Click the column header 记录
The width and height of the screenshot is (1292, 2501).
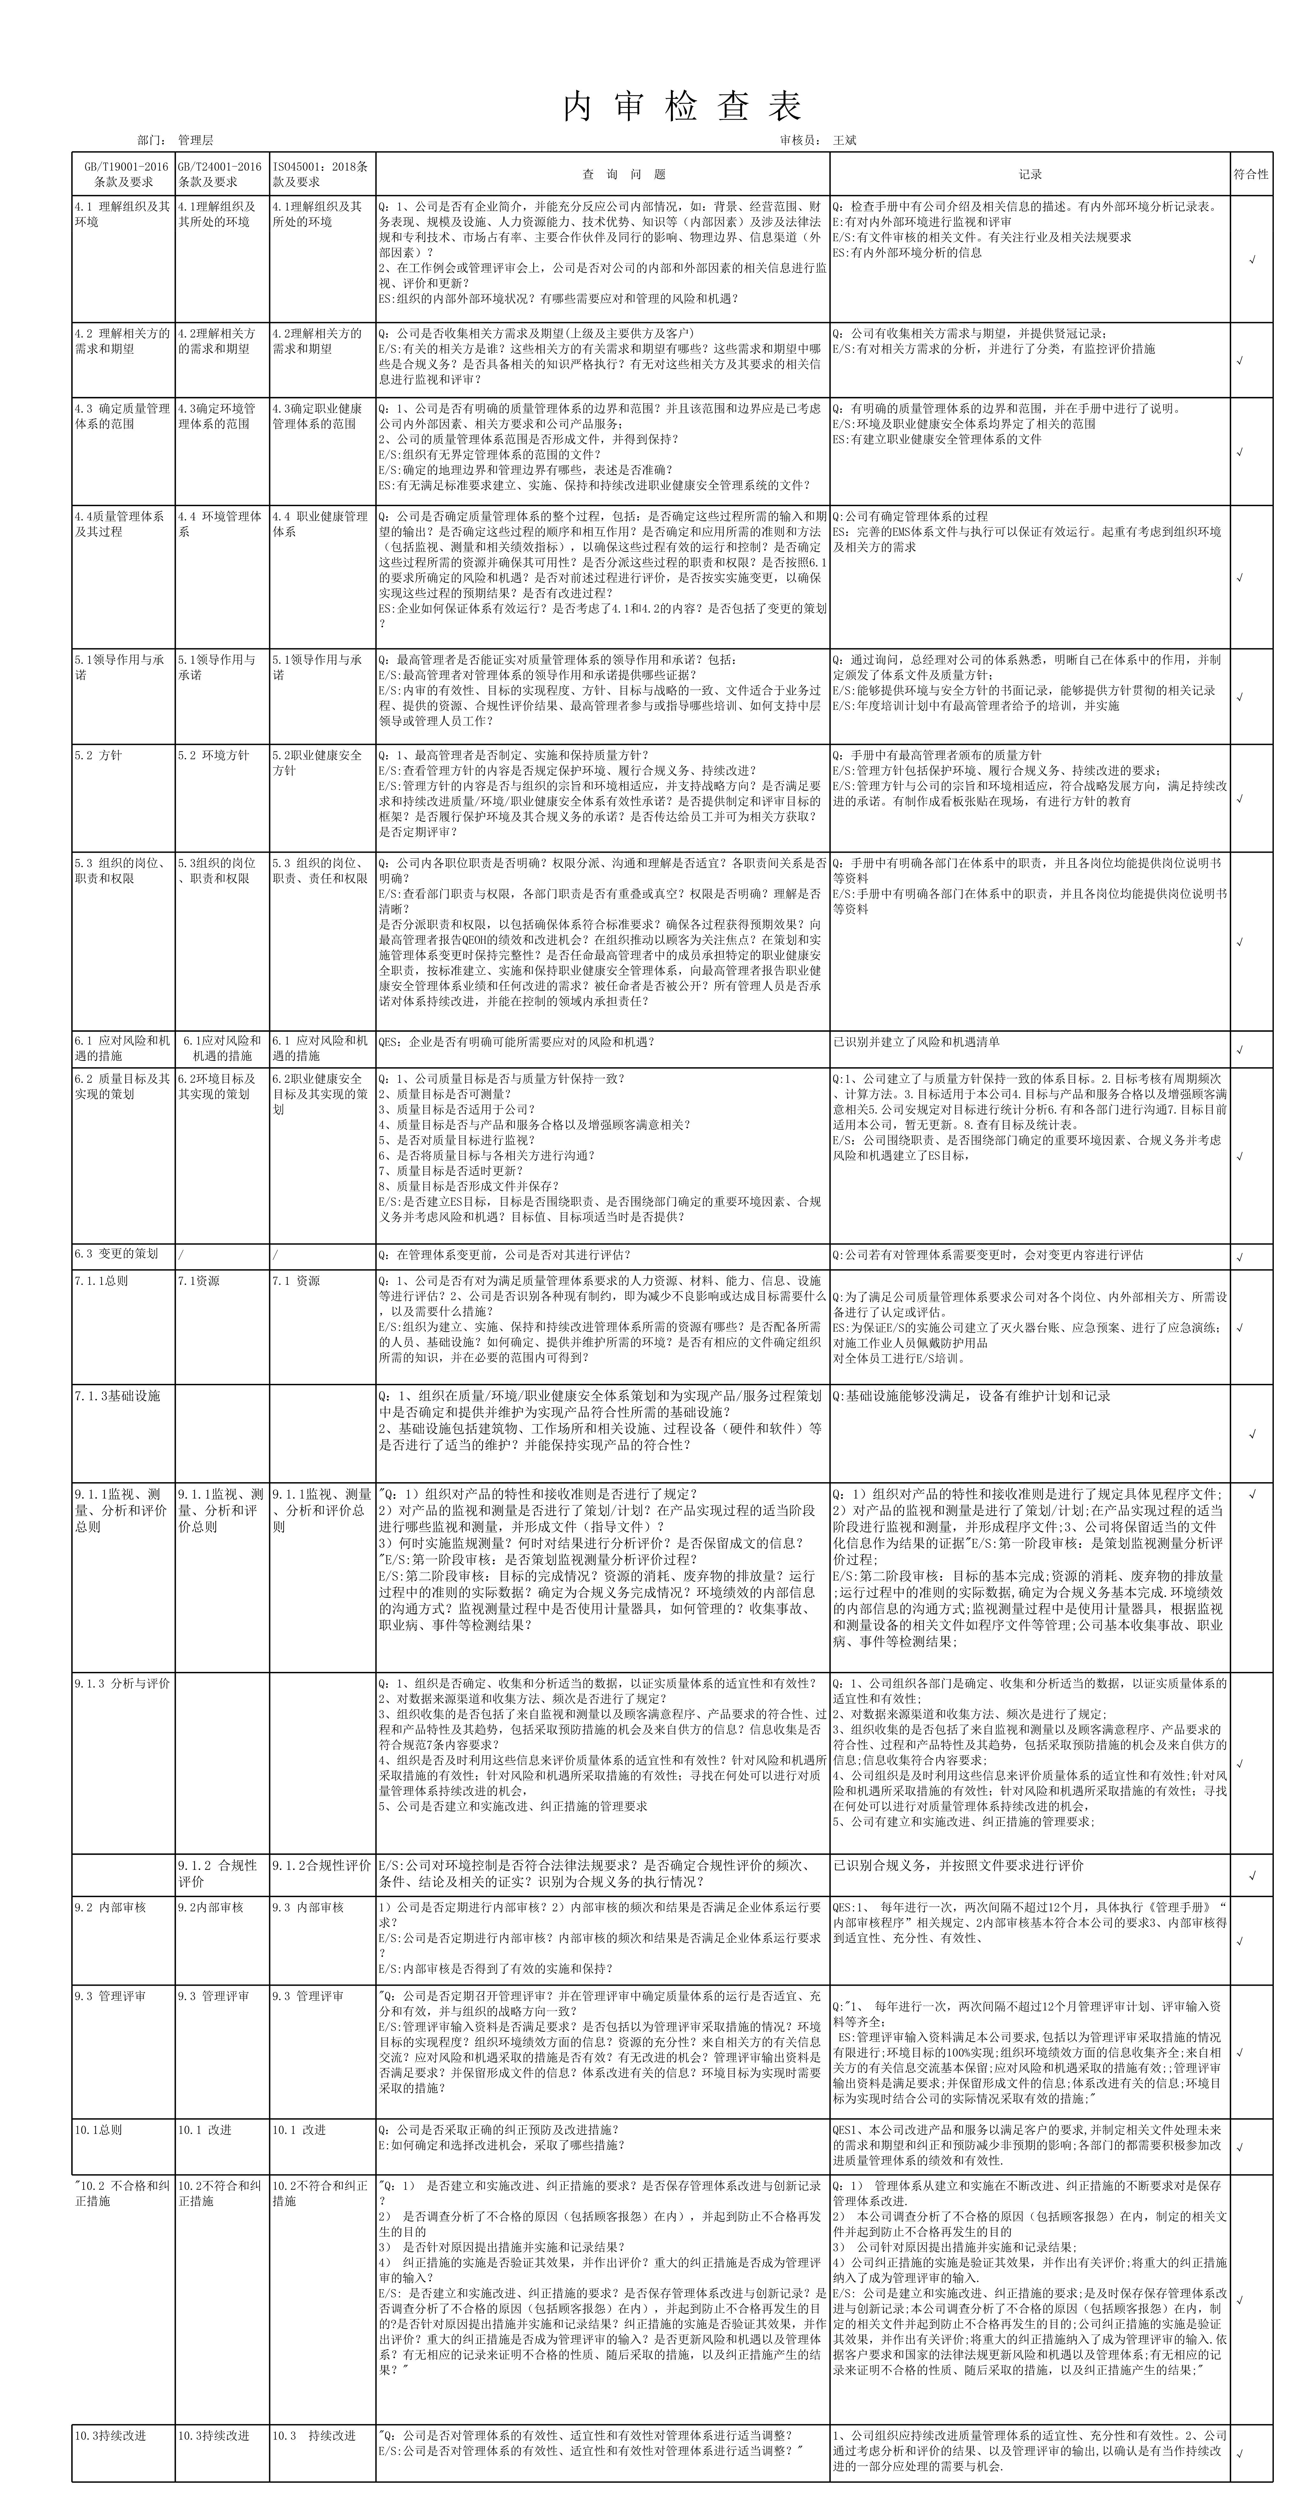tap(1030, 175)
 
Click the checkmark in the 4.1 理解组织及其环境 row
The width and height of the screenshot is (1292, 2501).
tap(1252, 260)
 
